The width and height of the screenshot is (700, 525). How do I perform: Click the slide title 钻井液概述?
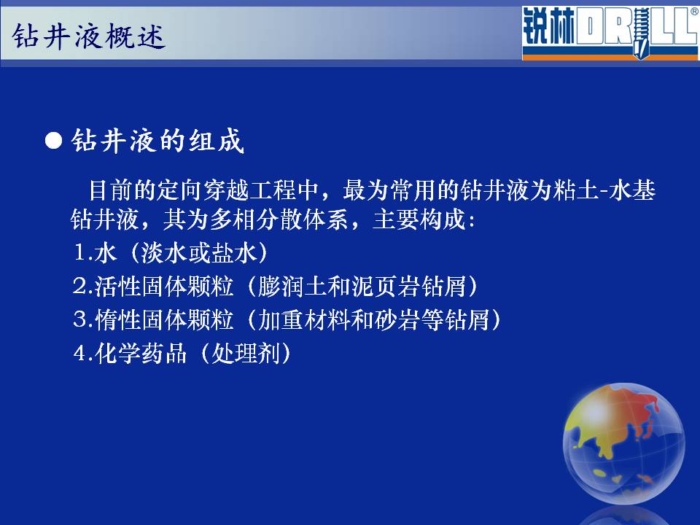click(89, 36)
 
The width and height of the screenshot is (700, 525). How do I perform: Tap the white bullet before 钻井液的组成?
click(53, 141)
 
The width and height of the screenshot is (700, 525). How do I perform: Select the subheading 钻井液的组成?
click(158, 141)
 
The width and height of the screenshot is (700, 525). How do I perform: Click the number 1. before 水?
click(83, 253)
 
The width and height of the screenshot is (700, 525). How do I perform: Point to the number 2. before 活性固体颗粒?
click(83, 286)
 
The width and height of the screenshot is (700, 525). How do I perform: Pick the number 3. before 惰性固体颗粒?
click(83, 319)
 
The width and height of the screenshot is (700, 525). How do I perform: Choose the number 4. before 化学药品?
click(83, 353)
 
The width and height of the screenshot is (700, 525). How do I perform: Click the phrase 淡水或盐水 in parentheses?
click(198, 253)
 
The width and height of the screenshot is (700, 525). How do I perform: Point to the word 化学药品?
click(141, 353)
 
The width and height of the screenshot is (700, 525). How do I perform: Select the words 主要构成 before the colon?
click(419, 219)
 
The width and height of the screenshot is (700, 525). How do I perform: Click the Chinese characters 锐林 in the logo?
click(548, 28)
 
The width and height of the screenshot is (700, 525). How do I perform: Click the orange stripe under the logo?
click(610, 57)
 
